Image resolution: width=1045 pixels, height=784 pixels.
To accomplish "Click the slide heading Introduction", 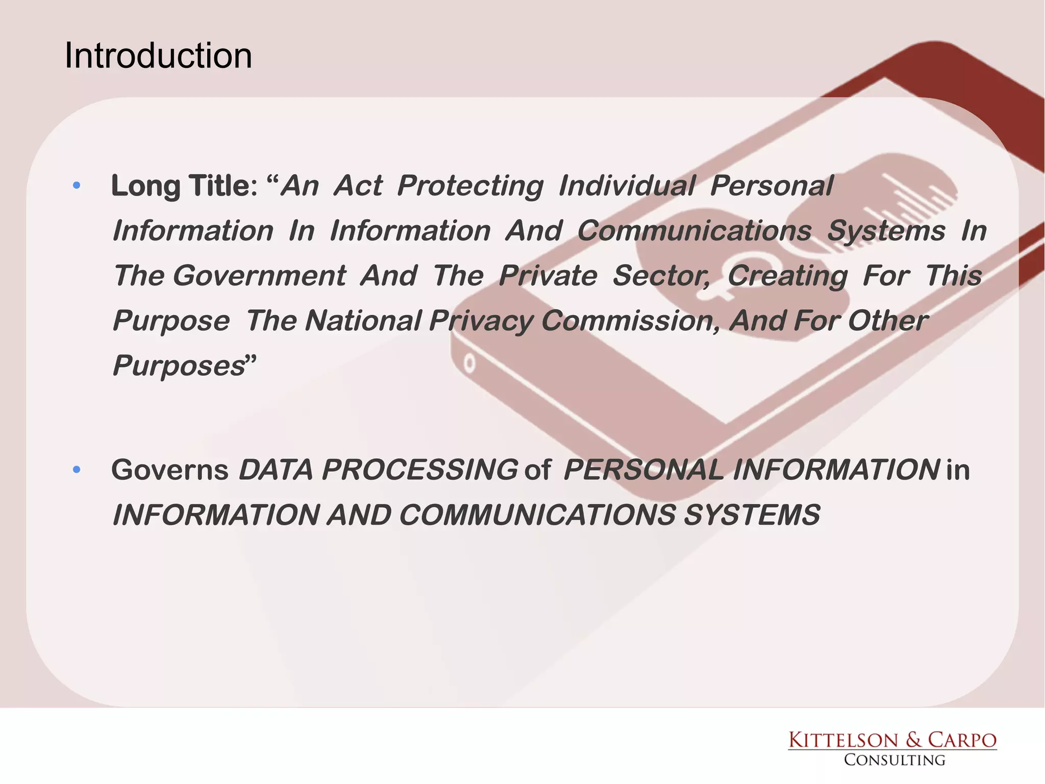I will (x=158, y=56).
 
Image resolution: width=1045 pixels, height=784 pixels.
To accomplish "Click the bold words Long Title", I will (x=183, y=185).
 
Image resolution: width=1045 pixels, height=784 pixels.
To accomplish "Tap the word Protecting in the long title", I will (x=470, y=185).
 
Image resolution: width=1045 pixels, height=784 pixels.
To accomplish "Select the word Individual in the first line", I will (x=627, y=185).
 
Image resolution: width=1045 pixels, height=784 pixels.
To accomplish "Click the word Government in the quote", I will (x=260, y=276).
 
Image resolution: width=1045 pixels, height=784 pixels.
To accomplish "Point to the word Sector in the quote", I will (x=660, y=276).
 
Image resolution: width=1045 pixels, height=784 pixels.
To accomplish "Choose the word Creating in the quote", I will (x=787, y=276).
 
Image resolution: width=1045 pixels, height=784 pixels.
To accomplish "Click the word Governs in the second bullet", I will (x=169, y=470).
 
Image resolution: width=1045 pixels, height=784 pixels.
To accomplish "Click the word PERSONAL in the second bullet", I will (x=643, y=470).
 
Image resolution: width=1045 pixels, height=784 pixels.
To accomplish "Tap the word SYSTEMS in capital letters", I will (x=752, y=514).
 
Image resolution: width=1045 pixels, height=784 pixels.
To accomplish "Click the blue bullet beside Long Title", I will (x=77, y=185).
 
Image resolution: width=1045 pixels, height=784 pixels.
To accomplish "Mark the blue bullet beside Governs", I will (x=77, y=470).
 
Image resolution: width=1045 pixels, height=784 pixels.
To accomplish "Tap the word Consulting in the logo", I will (x=894, y=760).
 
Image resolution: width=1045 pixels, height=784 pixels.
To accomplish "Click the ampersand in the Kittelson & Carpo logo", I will (x=913, y=740).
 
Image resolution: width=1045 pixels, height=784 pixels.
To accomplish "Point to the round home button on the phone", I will (x=469, y=363).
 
